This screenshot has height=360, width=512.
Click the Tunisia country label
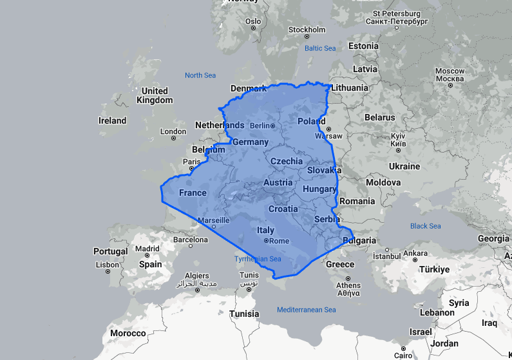244,314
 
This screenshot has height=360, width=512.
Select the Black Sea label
426,226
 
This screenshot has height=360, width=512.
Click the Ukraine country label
404,166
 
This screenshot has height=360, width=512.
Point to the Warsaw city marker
328,129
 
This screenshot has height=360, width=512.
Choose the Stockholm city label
307,30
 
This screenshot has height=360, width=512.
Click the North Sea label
200,75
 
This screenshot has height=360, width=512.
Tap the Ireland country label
112,120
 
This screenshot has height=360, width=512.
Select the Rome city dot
266,241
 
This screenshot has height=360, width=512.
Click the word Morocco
128,333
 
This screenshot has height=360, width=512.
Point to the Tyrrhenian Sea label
258,259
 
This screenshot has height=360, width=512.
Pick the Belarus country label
379,117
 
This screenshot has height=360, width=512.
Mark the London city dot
173,141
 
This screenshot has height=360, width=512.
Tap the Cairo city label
403,355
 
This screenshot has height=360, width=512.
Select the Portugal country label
110,251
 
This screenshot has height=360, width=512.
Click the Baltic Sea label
320,48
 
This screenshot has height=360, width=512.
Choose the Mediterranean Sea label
307,310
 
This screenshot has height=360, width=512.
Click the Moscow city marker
450,84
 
